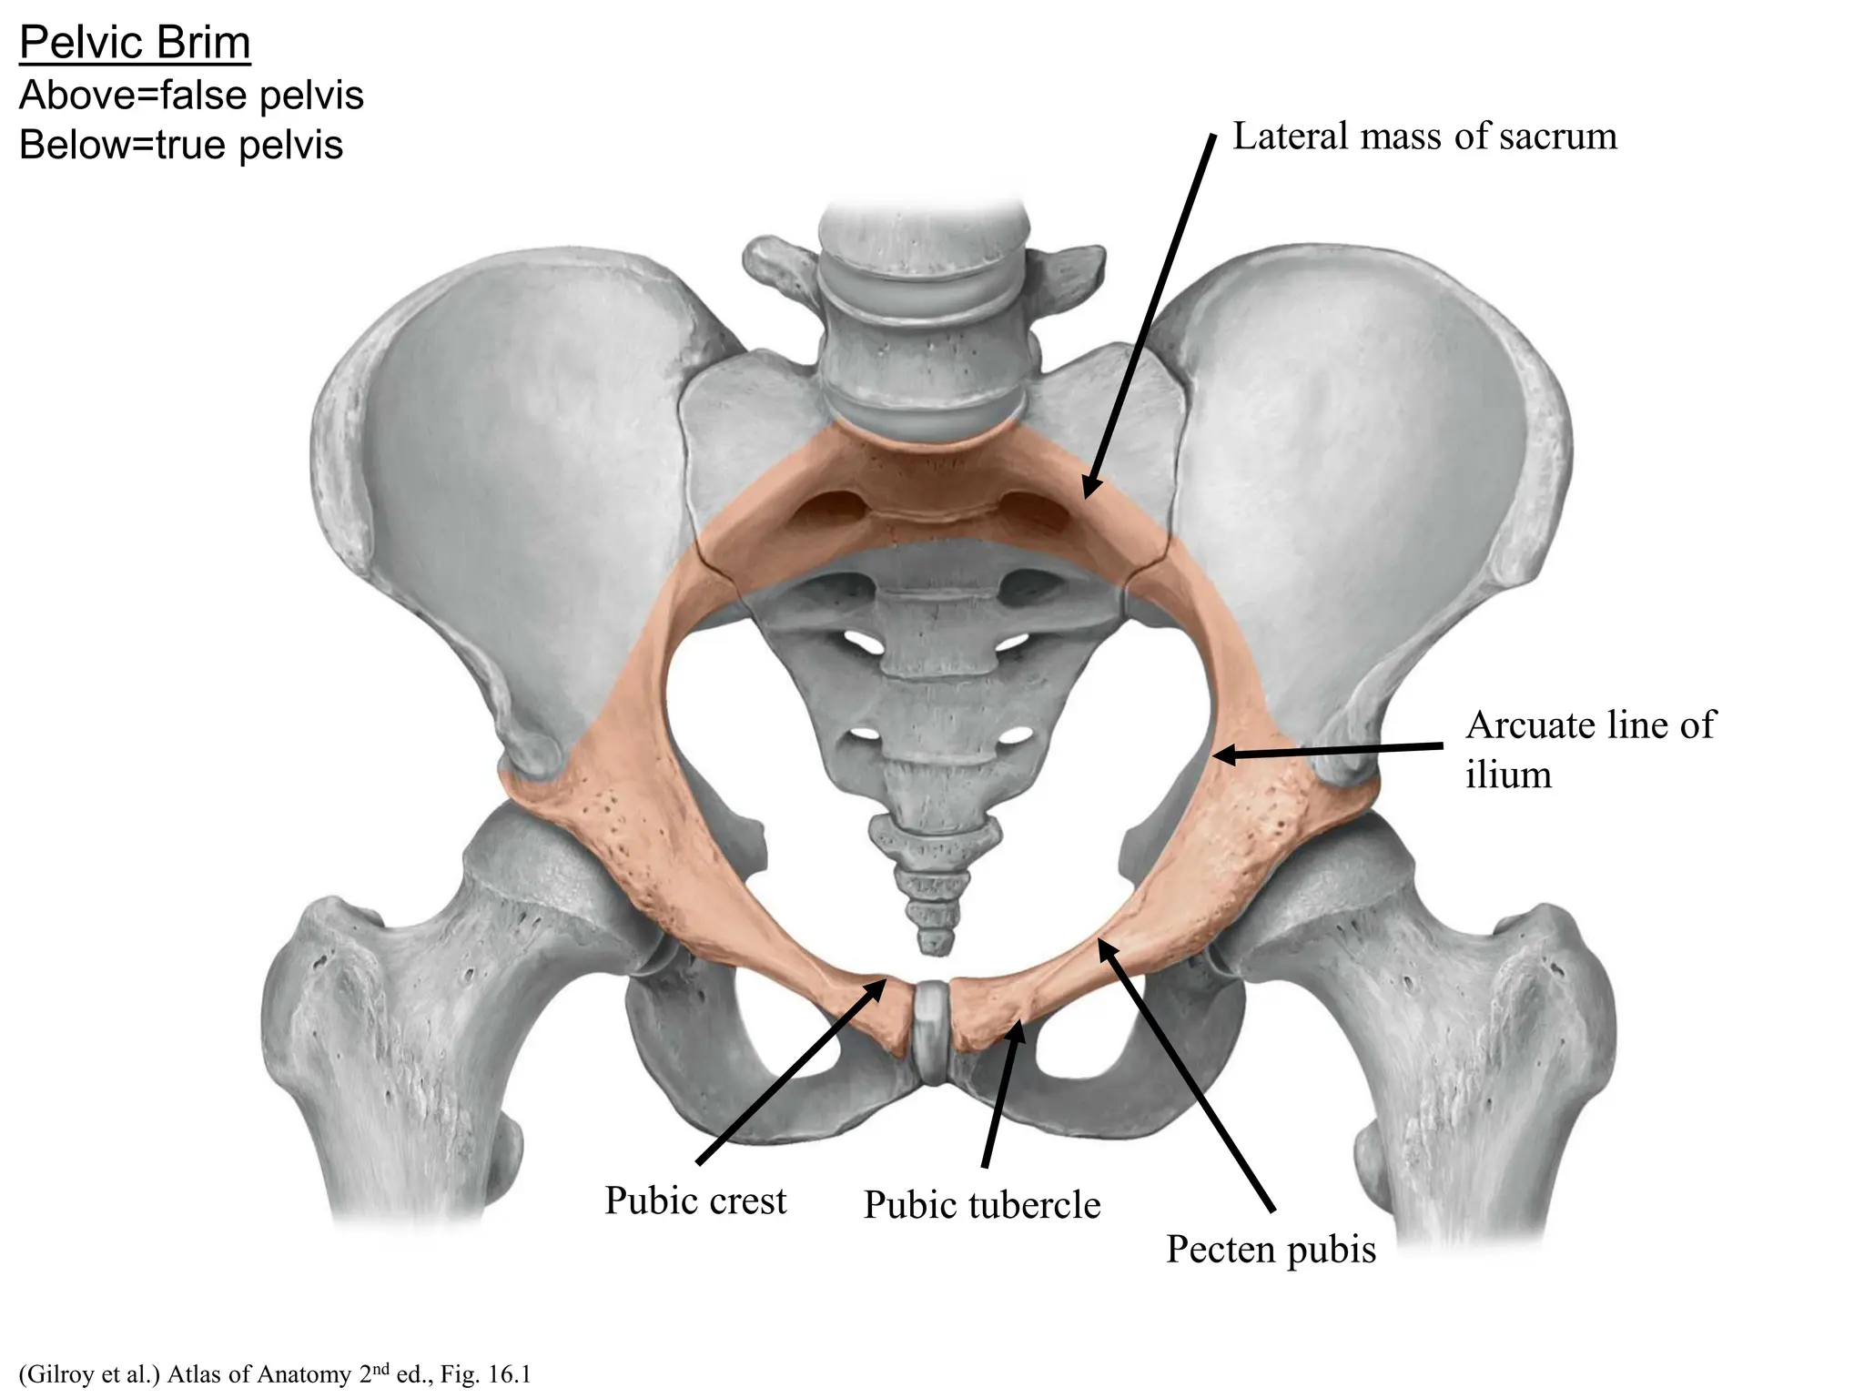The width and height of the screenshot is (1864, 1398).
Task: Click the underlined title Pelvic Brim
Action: tap(135, 43)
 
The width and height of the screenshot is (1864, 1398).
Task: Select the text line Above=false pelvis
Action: tap(191, 96)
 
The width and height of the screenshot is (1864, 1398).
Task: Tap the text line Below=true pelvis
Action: tap(181, 146)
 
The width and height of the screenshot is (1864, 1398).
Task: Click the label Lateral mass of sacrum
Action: tap(1424, 137)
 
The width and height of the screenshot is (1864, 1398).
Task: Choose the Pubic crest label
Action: tap(695, 1201)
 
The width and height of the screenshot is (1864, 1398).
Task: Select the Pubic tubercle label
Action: tap(982, 1205)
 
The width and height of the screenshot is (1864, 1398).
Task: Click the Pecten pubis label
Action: tap(1271, 1250)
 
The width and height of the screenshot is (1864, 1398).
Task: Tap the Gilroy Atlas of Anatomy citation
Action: tap(274, 1374)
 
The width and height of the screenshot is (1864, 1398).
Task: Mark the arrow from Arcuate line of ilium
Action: tap(1329, 751)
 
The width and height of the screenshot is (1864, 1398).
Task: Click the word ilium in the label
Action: tap(1508, 775)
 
